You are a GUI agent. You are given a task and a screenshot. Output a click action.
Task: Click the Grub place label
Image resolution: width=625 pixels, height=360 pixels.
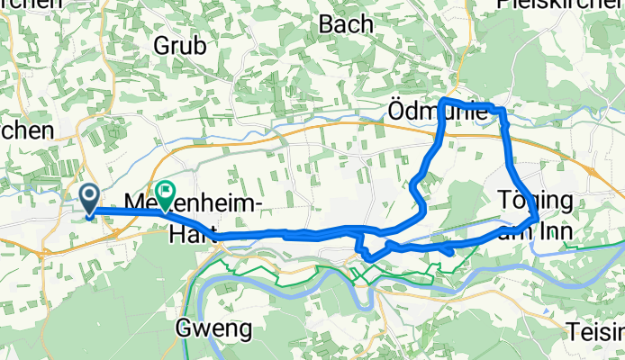[179, 44]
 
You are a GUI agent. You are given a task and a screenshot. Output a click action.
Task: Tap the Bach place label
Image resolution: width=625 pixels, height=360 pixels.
[346, 24]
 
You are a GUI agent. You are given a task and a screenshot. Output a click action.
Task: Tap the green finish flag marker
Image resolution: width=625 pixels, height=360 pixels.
[166, 192]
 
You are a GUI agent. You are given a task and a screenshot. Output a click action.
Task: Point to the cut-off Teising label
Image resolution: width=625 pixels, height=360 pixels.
[596, 331]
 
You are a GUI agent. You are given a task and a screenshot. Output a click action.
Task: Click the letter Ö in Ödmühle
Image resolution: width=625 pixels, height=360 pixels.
[397, 112]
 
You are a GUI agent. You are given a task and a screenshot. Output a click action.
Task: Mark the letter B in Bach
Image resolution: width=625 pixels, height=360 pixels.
[327, 24]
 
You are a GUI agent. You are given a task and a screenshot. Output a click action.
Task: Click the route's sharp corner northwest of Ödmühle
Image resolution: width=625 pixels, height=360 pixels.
[443, 98]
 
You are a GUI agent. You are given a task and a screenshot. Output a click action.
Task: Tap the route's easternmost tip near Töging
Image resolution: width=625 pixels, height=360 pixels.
[538, 218]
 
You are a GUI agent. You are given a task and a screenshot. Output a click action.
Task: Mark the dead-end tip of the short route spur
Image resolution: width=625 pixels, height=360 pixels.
[448, 256]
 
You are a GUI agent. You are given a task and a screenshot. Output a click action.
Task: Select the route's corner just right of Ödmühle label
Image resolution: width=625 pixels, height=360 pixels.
[501, 112]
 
